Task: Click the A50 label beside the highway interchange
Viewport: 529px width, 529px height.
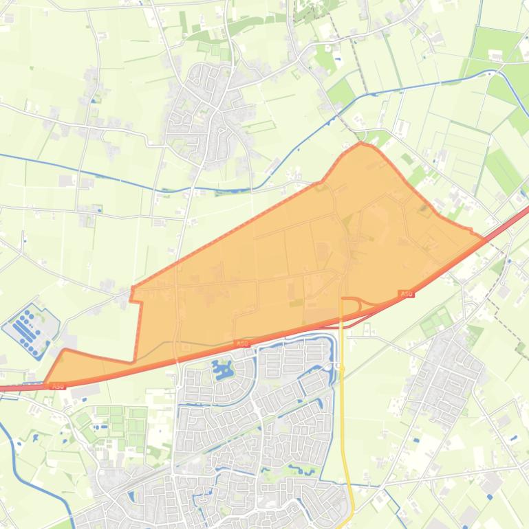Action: pos(406,294)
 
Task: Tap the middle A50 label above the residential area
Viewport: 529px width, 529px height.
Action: pos(241,343)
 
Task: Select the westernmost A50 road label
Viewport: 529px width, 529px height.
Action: pos(58,385)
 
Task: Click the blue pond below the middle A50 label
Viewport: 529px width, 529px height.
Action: pos(222,372)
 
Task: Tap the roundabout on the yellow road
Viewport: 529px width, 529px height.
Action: pos(342,368)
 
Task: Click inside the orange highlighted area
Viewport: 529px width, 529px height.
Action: pos(289,261)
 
